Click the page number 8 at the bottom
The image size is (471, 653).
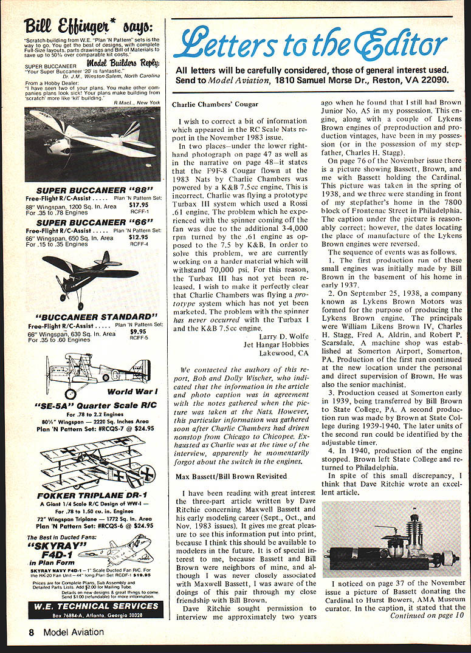click(x=30, y=632)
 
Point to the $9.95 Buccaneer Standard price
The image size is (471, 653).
click(x=139, y=332)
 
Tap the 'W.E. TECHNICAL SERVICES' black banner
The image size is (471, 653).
click(x=94, y=606)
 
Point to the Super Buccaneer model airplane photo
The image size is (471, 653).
click(x=92, y=143)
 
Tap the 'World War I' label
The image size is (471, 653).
click(x=132, y=392)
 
